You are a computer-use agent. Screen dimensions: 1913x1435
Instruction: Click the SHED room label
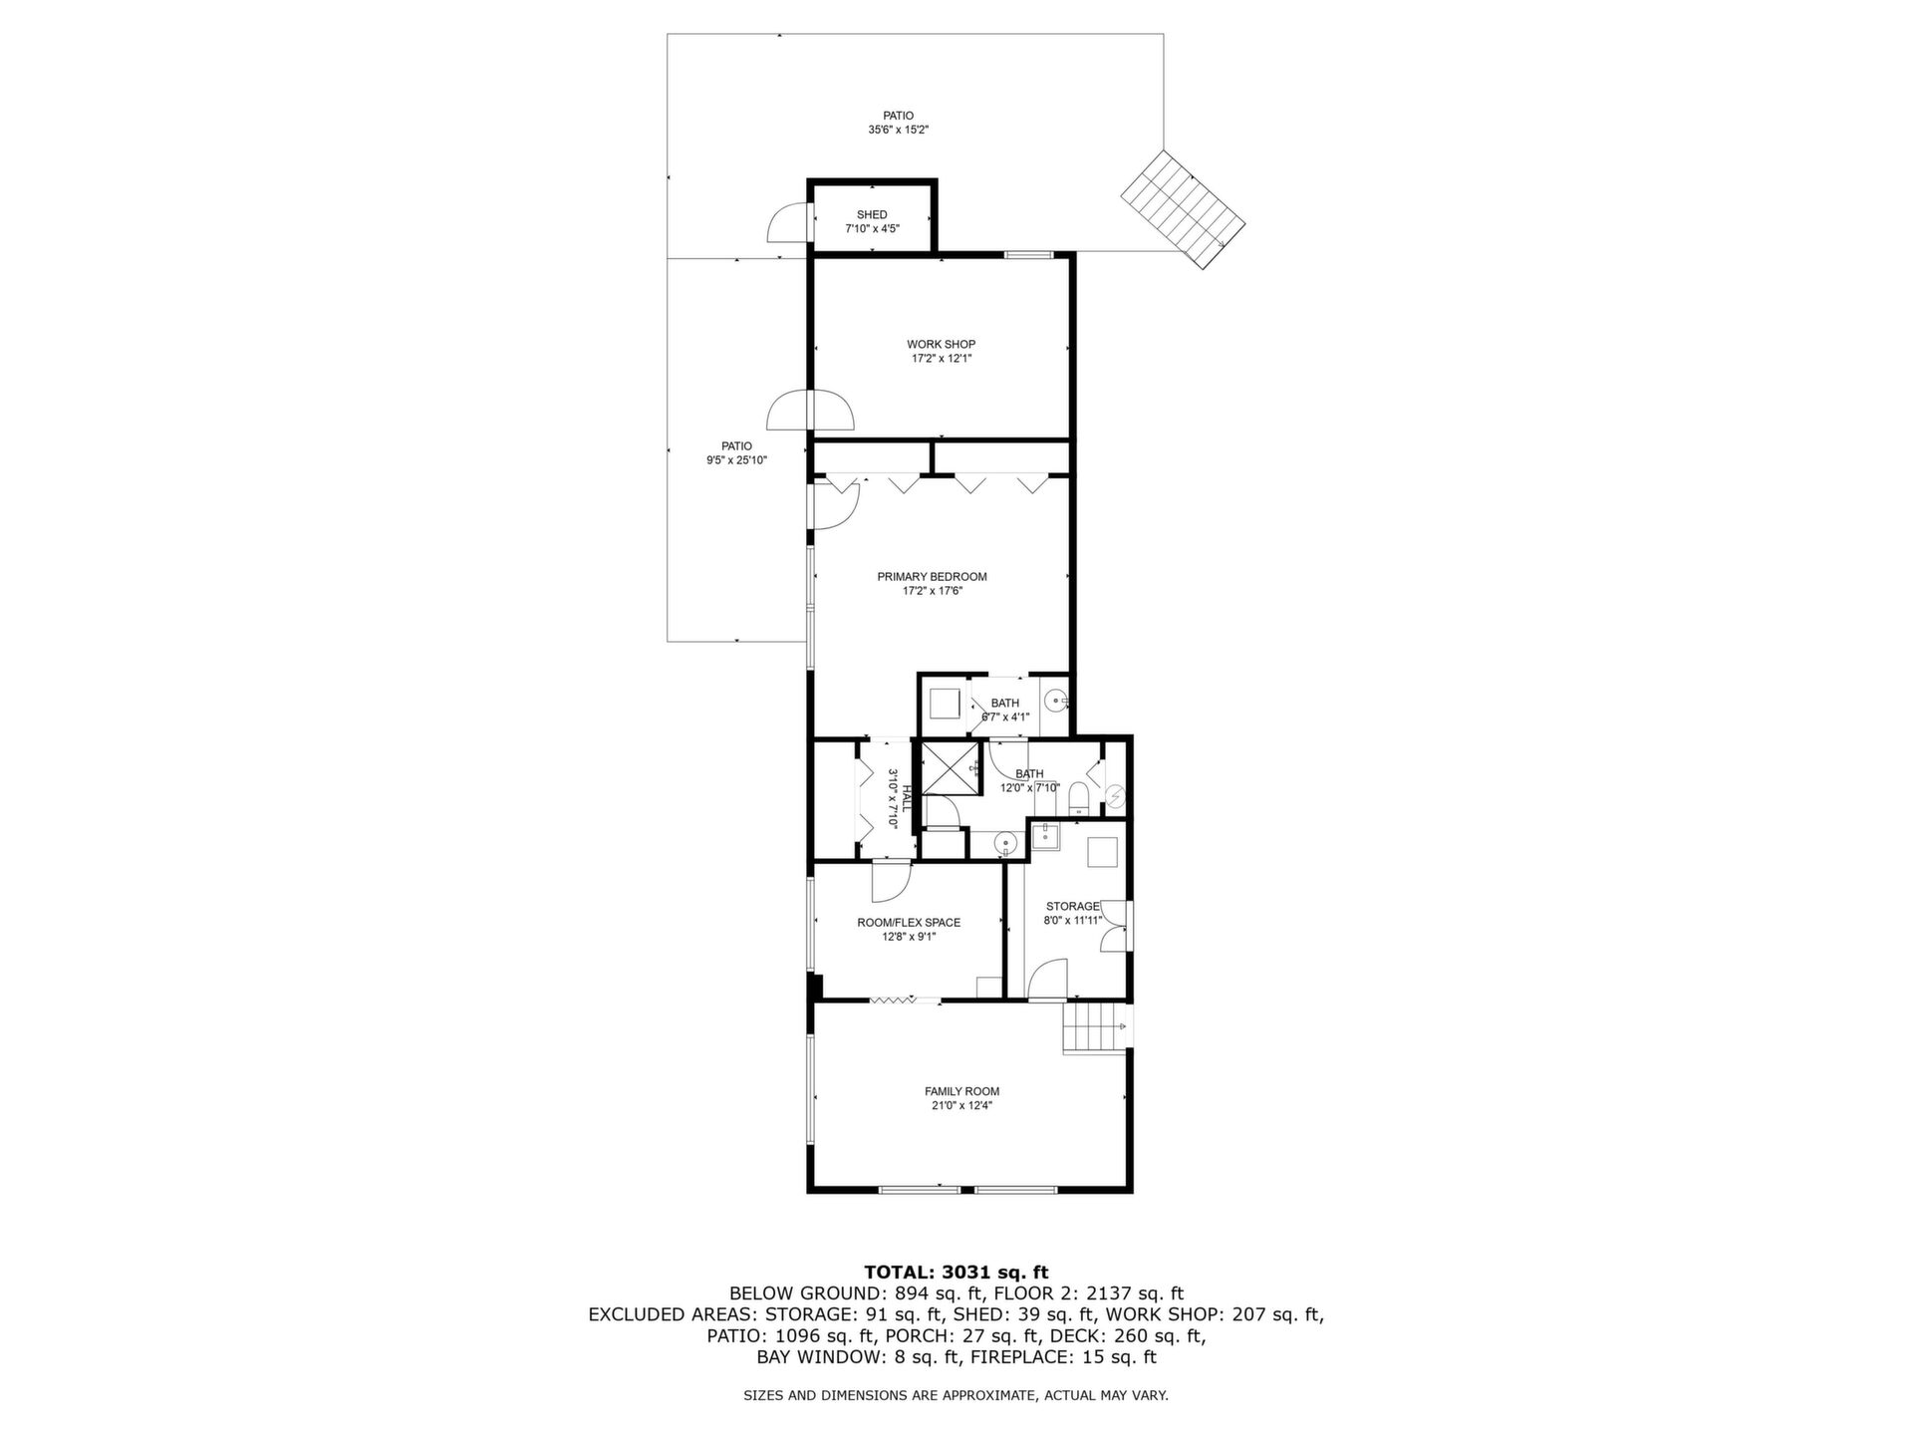coord(872,215)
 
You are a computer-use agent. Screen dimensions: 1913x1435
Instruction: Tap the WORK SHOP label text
coord(942,345)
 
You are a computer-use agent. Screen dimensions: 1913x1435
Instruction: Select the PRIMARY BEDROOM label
coord(933,577)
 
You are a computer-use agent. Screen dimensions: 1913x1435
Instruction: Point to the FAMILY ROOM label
coord(962,1091)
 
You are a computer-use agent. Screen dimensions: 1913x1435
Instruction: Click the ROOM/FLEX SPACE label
coord(909,923)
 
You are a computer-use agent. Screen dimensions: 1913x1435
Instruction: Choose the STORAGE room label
coord(1073,907)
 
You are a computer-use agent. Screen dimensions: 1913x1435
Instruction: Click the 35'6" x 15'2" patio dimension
coord(899,130)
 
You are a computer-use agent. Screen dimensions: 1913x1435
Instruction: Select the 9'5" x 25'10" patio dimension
coord(737,460)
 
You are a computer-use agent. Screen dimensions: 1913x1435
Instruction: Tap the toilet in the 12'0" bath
coord(1077,798)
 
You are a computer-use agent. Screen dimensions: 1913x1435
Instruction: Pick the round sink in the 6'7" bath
coord(1055,701)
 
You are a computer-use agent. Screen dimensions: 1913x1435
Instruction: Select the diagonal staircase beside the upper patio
coord(1184,209)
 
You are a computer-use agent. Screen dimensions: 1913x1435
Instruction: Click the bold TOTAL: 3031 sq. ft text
coord(956,1272)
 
